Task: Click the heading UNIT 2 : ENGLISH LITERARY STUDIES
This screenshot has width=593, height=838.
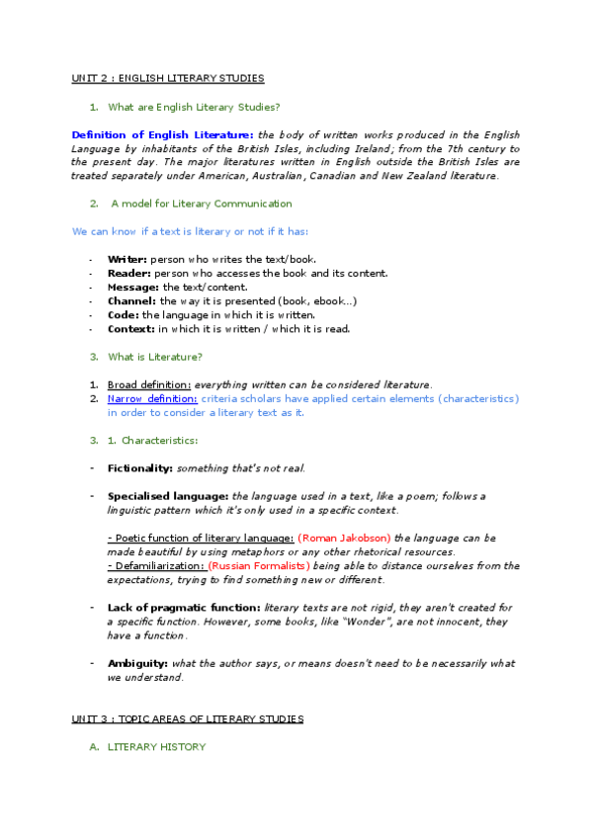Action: coord(167,78)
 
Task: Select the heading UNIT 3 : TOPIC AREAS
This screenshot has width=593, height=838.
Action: coord(188,717)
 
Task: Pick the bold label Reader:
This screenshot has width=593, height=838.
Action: coord(129,273)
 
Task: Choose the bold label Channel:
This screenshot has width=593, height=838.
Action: coord(131,300)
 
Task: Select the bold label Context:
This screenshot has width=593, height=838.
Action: coord(130,328)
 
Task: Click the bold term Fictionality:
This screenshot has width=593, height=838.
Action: coord(140,467)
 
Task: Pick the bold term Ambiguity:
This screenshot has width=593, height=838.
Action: coord(137,663)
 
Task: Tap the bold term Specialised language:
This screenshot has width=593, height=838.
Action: coord(168,496)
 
